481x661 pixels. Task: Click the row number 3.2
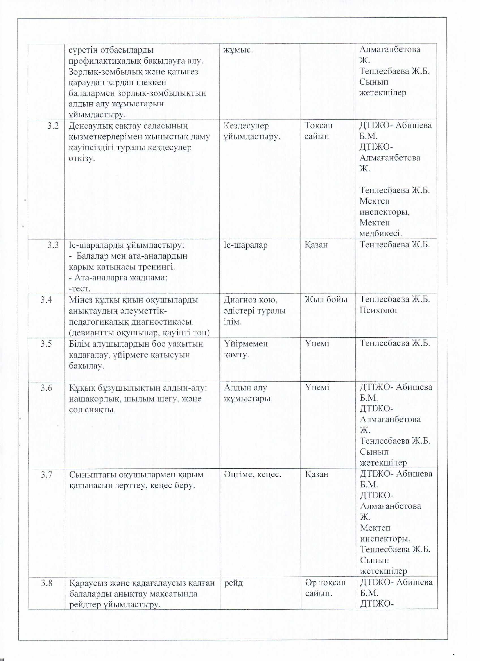click(x=53, y=126)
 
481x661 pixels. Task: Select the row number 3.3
click(x=53, y=245)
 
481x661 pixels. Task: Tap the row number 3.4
click(x=46, y=300)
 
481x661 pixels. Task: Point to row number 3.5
click(x=46, y=344)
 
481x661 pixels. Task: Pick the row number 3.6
click(x=46, y=388)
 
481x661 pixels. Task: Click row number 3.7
click(x=46, y=474)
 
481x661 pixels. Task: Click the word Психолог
click(x=379, y=310)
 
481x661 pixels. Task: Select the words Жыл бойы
click(x=326, y=299)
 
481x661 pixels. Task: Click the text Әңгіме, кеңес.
click(x=252, y=475)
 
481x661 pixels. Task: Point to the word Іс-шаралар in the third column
click(x=245, y=245)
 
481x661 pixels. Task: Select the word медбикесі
click(x=381, y=234)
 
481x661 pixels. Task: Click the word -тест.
click(x=80, y=289)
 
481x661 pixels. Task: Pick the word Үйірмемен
click(x=246, y=344)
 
